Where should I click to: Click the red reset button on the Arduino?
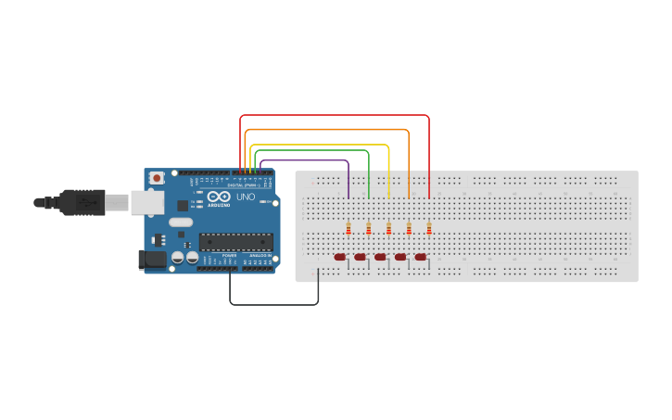click(x=158, y=177)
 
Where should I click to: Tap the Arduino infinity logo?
click(x=219, y=197)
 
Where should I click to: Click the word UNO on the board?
click(x=246, y=197)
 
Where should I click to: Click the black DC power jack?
click(x=153, y=261)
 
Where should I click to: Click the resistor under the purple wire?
click(x=349, y=228)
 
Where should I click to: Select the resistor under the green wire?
click(x=369, y=228)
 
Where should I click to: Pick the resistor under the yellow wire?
click(x=389, y=228)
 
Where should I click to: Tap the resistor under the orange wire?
click(x=409, y=228)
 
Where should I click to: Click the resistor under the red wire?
click(x=429, y=228)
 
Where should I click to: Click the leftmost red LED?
click(x=339, y=257)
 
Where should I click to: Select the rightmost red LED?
click(x=420, y=257)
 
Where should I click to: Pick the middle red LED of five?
click(x=380, y=257)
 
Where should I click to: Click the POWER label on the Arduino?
click(x=229, y=255)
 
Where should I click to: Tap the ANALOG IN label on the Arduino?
click(x=259, y=255)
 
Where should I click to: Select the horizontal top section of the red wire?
click(x=334, y=116)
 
